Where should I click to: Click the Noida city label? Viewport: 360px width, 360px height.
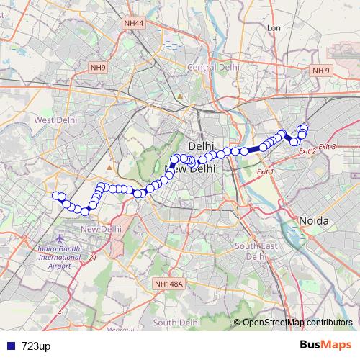coord(315,220)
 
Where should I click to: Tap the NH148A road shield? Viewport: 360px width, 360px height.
coord(170,284)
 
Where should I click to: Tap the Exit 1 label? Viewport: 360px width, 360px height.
coord(266,172)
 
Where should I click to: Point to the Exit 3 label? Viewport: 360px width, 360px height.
coord(328,147)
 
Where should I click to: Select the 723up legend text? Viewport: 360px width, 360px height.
coord(36,346)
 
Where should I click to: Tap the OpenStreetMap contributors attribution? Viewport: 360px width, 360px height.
coord(297,322)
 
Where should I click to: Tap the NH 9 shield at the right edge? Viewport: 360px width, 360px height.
coord(320,70)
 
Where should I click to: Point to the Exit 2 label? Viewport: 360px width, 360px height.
coord(307,151)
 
